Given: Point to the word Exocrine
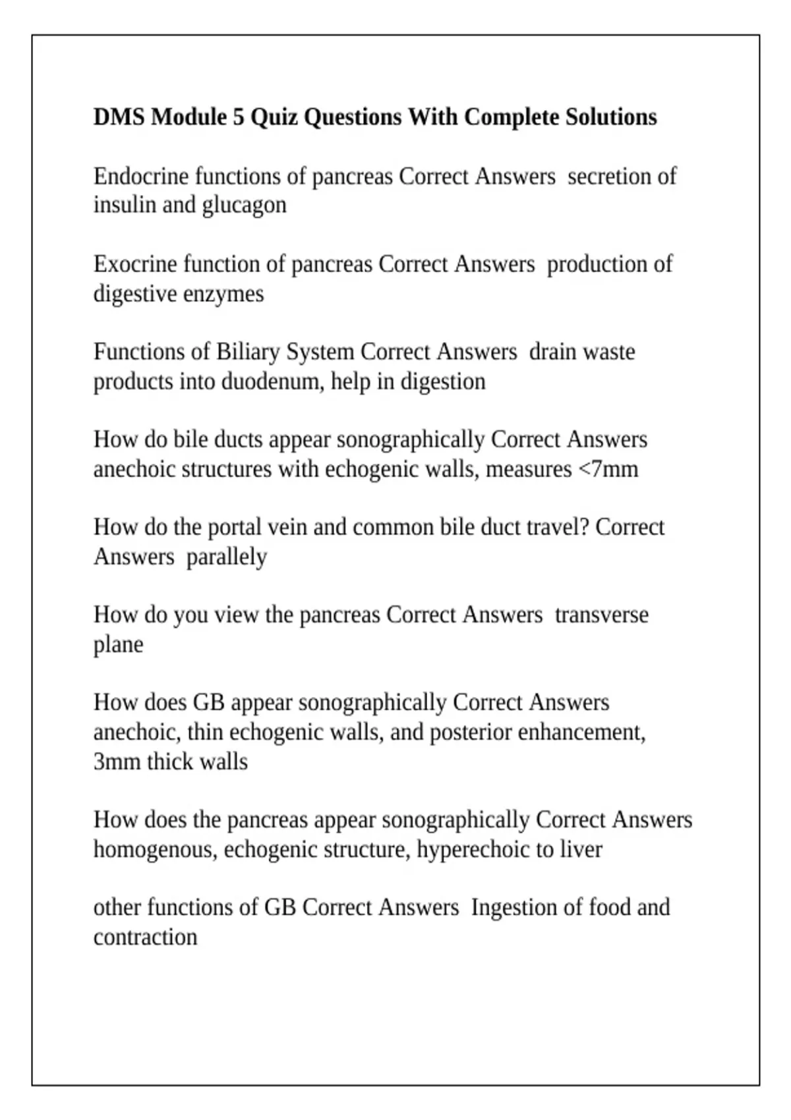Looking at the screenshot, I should [x=136, y=264].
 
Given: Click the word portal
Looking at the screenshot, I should [x=232, y=527].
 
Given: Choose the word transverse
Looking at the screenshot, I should [x=601, y=615].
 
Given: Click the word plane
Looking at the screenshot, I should [x=118, y=645].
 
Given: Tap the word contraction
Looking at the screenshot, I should [x=145, y=937].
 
